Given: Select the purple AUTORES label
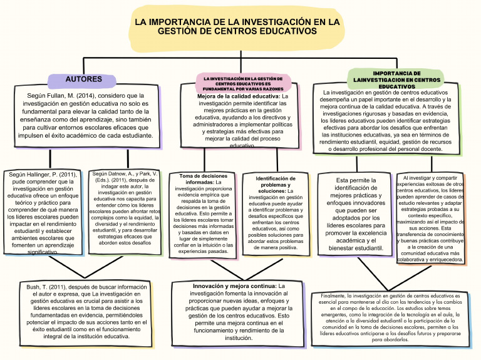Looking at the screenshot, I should coord(83,80).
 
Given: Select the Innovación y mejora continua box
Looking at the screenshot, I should coord(238,312).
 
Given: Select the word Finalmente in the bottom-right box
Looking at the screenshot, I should coord(333,295).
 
